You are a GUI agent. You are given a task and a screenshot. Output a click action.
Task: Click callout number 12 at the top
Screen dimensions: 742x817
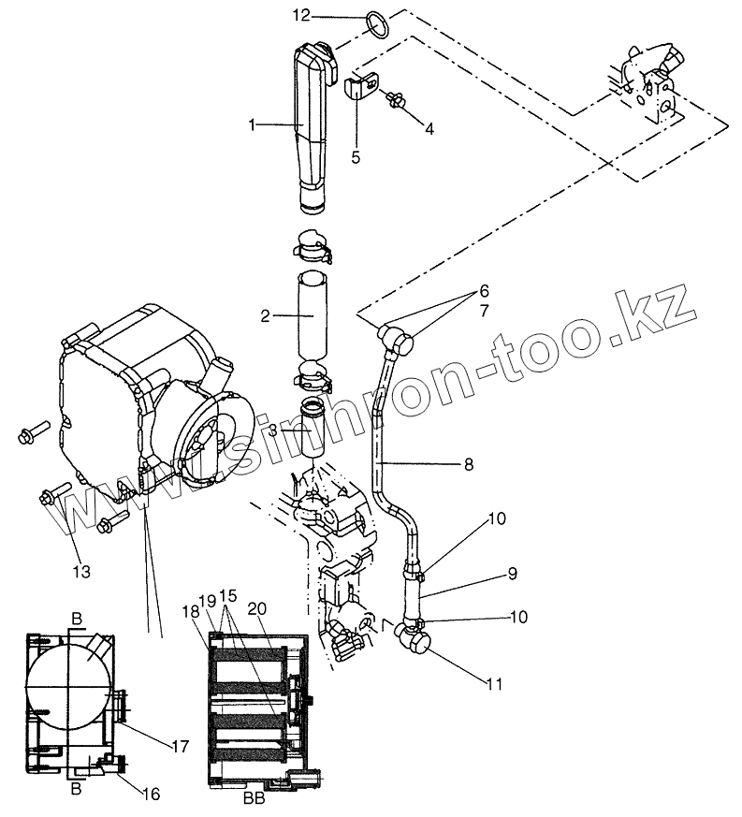tap(299, 16)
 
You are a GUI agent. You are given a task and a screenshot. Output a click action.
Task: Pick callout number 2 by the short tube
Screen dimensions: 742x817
tap(265, 316)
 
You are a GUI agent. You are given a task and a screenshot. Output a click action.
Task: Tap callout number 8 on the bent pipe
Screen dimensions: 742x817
tap(468, 463)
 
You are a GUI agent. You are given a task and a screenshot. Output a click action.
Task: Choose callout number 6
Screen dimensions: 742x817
tap(484, 291)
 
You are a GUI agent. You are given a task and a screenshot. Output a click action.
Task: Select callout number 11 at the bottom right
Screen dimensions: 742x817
tap(494, 684)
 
